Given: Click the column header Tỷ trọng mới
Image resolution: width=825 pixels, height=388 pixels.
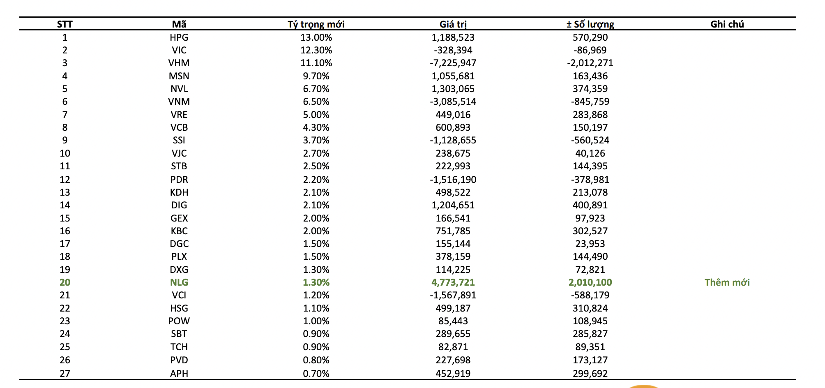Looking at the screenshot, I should coord(316,24).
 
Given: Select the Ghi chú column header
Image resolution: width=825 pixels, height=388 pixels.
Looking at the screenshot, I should coord(727,24).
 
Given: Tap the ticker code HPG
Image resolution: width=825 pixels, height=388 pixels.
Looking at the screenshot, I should coord(179,37).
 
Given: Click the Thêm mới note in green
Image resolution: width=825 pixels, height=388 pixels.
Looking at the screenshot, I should coord(727,282).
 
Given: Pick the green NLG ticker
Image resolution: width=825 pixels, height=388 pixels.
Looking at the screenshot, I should coord(179,282).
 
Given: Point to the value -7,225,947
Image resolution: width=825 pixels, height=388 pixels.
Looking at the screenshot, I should coord(453,63).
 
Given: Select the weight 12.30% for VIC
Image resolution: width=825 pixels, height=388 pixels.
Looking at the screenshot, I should coord(316,50).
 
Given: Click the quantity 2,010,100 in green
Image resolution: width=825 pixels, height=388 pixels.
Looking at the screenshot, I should coord(590,282).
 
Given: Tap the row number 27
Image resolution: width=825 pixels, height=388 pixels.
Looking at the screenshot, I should coord(65,373).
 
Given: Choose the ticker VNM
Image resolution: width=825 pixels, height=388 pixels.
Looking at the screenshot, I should coord(179,102).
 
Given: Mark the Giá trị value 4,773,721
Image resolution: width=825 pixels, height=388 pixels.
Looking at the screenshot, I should coord(453,282).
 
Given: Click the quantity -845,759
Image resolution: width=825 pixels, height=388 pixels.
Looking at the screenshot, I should coord(590,102).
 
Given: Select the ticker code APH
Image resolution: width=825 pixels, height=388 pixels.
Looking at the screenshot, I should coord(179,373).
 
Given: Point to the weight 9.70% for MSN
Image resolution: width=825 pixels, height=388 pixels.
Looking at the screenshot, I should coord(316,76).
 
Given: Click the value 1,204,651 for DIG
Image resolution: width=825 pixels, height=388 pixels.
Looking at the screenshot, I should coord(453,205).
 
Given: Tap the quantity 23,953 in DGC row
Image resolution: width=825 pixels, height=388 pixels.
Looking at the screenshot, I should coord(590,244).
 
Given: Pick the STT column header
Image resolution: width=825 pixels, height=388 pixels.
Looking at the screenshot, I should coord(65,24).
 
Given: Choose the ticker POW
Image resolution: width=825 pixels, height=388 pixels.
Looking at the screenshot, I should coord(179,321).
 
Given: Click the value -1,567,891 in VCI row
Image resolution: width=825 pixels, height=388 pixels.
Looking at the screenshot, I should coord(453,295).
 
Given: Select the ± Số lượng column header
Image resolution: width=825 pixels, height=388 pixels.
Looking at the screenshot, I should coord(590,24).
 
